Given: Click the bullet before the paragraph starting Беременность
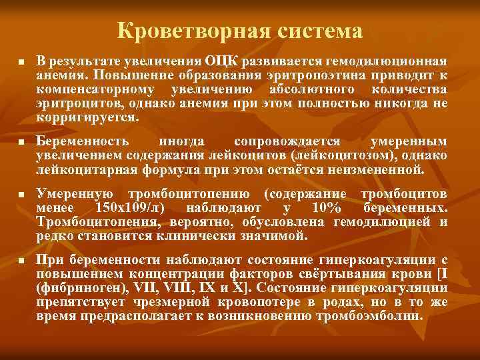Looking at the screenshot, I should click(x=21, y=143).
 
